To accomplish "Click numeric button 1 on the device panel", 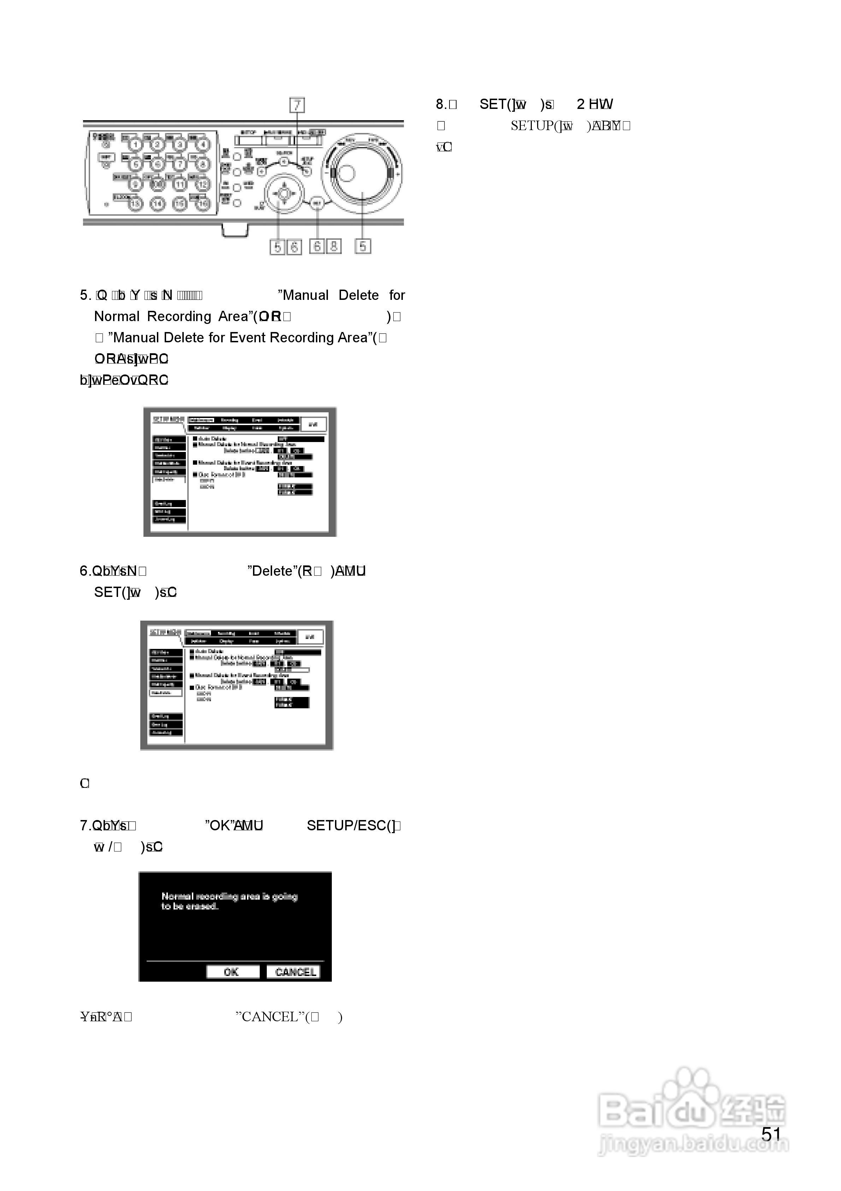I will tap(135, 144).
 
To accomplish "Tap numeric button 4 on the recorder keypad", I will tap(203, 144).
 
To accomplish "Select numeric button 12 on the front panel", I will tap(203, 184).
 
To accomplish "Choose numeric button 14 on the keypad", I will tap(158, 204).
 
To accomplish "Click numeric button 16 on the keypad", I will tap(203, 204).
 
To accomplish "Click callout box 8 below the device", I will tap(333, 246).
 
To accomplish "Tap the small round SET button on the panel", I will tap(317, 203).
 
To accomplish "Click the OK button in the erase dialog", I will tap(232, 972).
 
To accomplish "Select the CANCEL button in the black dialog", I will tap(294, 972).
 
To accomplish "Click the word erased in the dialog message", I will tap(202, 906).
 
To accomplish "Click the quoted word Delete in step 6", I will tap(272, 571).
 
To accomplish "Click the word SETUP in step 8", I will tap(532, 126).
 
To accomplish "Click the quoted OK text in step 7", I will tap(219, 825).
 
